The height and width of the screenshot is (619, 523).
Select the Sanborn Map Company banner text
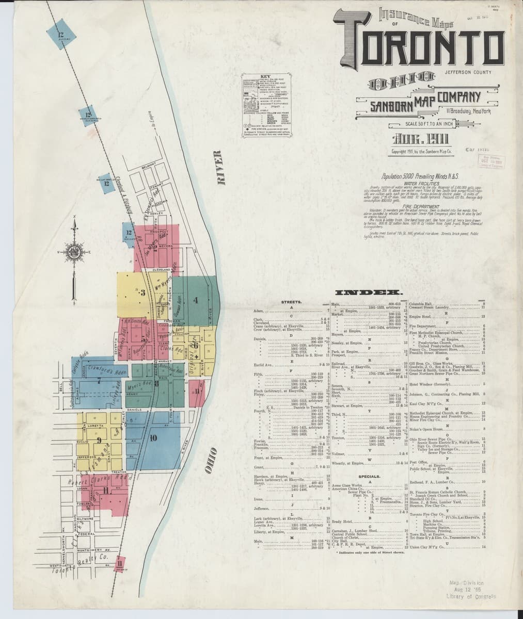click(426, 101)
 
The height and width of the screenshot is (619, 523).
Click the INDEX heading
click(370, 293)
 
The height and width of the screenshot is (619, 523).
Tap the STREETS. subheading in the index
click(292, 301)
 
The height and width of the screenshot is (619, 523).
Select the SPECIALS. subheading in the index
click(369, 476)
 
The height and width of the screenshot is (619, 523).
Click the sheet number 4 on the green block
click(196, 300)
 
